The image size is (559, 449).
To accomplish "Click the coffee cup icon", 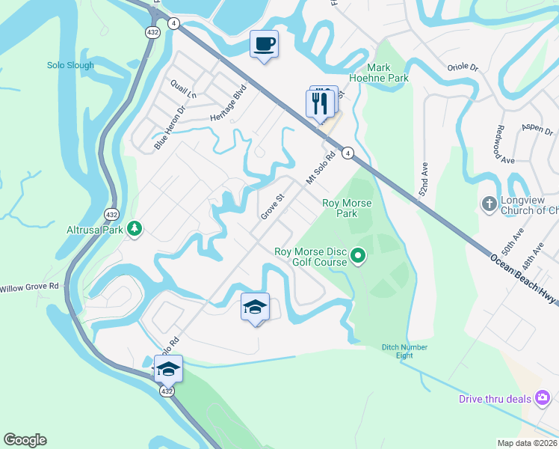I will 264,43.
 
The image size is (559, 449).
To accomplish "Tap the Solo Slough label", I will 71,65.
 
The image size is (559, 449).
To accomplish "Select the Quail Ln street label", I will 183,90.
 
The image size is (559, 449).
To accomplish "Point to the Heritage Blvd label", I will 228,103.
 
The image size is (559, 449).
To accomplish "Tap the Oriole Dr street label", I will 463,67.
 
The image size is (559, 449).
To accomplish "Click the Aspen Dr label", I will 537,128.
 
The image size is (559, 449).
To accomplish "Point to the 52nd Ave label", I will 423,181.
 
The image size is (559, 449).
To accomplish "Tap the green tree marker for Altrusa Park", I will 135,227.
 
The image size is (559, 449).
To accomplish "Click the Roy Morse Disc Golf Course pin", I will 358,257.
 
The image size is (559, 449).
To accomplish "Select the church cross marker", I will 488,204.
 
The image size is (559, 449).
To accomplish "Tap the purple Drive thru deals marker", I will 544,397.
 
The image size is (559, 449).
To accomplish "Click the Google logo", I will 25,440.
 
